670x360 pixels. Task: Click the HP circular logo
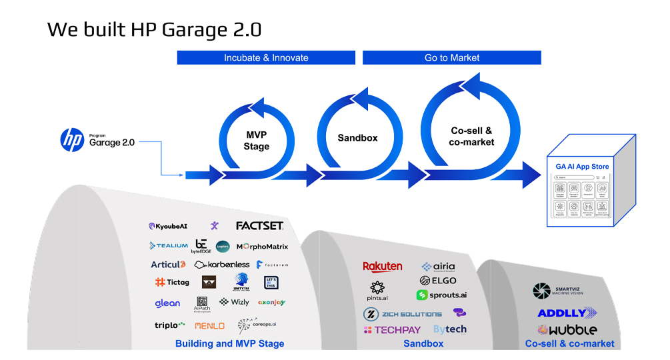click(x=71, y=140)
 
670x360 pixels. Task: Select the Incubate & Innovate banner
click(x=266, y=58)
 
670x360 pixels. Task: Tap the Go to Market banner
click(x=452, y=58)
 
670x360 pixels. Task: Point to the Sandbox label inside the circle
click(x=357, y=138)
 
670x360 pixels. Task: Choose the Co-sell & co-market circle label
click(x=471, y=137)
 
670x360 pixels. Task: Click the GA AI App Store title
click(x=582, y=167)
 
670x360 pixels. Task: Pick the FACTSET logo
click(x=259, y=226)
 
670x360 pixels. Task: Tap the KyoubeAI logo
click(x=168, y=227)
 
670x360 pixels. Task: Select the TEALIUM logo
click(x=169, y=246)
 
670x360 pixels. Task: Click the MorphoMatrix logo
click(x=262, y=247)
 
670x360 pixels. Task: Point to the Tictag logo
click(x=172, y=282)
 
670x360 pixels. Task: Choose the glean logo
click(x=167, y=303)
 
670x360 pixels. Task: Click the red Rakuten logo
click(x=383, y=267)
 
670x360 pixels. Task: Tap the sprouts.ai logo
click(x=441, y=295)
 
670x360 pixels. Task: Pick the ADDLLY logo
click(x=567, y=313)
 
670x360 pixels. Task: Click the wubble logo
click(x=567, y=329)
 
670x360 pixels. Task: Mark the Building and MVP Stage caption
click(x=229, y=344)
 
